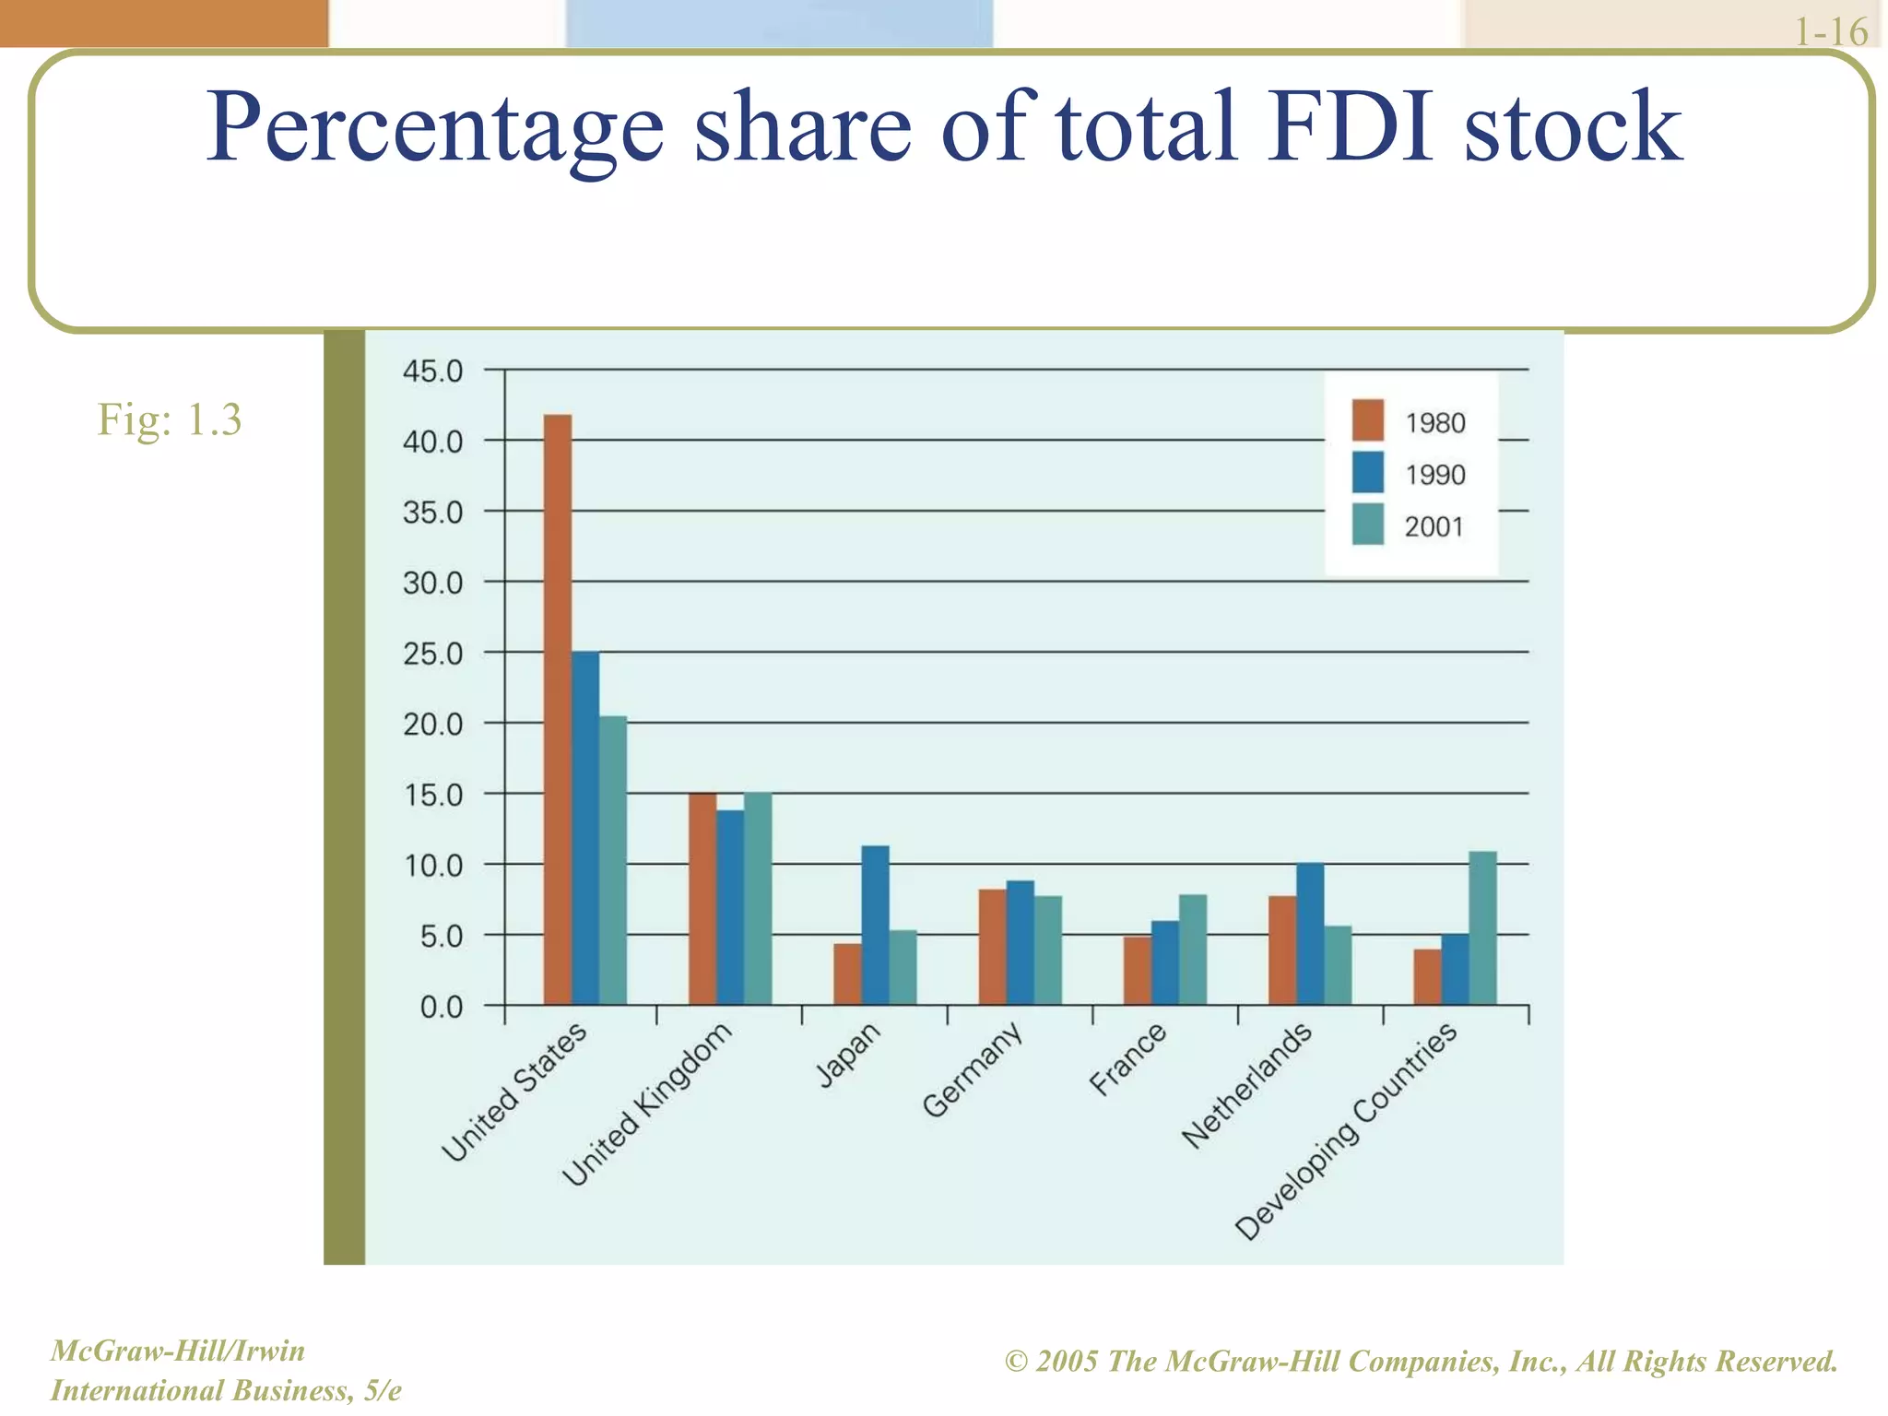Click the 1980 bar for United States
click(x=557, y=710)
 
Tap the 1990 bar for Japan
click(x=875, y=925)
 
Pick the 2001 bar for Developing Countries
click(x=1482, y=927)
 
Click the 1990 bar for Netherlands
click(x=1310, y=933)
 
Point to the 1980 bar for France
click(x=1137, y=971)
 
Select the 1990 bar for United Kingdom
click(x=730, y=907)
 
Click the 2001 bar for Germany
click(x=1047, y=950)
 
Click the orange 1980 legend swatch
click(x=1367, y=420)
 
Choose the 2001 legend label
click(x=1434, y=527)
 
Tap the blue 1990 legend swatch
click(x=1367, y=473)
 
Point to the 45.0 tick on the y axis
click(x=432, y=372)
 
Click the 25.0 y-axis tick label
click(x=432, y=655)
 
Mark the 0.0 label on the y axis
click(x=441, y=1008)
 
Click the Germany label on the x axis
click(x=973, y=1069)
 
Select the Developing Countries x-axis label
click(x=1346, y=1132)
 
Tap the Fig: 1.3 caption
click(x=170, y=419)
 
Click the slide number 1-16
click(x=1830, y=32)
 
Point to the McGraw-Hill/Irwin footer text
click(x=177, y=1351)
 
